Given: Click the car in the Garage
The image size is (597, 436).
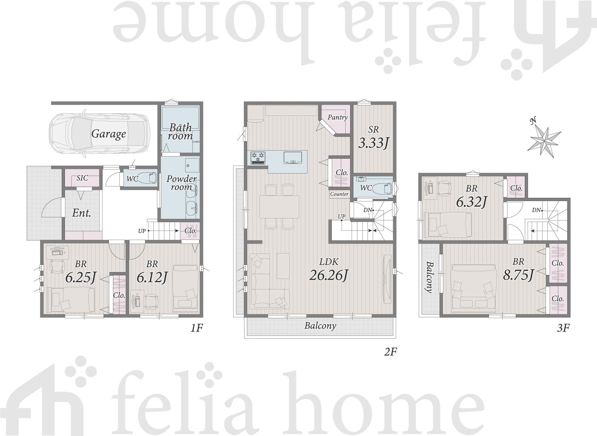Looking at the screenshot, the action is coord(99,134).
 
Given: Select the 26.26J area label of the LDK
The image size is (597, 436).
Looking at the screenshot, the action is coord(329,275).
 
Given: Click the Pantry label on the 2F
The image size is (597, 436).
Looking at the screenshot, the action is coord(338,117).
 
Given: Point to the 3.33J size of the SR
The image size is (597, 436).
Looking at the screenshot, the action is coord(373,143).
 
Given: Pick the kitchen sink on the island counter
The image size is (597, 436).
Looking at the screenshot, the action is coord(293,157).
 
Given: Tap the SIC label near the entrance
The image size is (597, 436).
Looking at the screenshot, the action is coord(82,178).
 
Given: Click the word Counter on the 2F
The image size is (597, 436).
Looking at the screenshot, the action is coord(339,194).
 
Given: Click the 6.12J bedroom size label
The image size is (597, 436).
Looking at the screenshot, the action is coord(152,277).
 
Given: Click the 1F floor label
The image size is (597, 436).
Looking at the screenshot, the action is coord(197,328).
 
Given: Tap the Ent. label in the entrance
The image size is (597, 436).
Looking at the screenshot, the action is coord(82,213).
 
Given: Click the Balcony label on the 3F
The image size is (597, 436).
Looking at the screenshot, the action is coord(429,277).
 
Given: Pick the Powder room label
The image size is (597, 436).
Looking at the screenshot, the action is coord(181,182).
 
